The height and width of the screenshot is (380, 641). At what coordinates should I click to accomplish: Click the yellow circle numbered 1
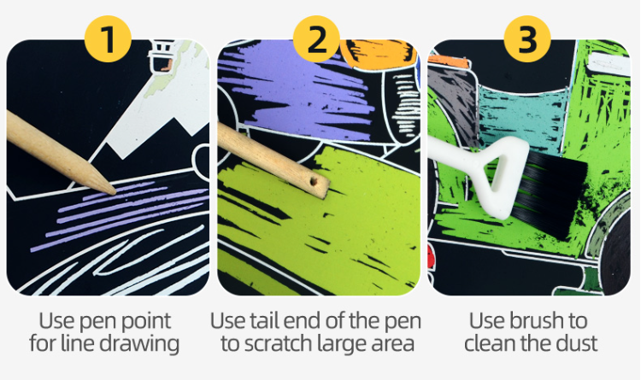[x=108, y=38]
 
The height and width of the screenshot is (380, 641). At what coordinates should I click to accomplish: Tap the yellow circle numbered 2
[x=316, y=38]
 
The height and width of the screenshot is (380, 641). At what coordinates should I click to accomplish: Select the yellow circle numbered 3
[x=527, y=38]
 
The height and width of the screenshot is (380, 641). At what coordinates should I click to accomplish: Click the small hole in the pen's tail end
[x=314, y=182]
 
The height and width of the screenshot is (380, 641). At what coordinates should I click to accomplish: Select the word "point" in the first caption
[x=147, y=322]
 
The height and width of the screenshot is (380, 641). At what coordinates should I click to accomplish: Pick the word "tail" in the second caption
[x=264, y=321]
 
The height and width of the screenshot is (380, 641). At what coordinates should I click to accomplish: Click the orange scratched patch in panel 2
[x=379, y=52]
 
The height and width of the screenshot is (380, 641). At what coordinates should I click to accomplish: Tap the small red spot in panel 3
[x=432, y=257]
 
